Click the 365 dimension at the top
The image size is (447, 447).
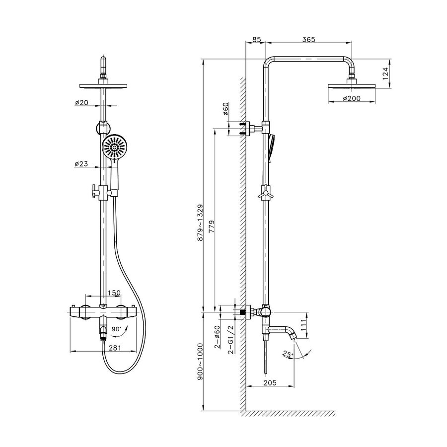[x=309, y=39]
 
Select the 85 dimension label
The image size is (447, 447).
[x=257, y=39]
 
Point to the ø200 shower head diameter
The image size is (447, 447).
[x=352, y=99]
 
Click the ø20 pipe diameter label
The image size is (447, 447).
[x=81, y=102]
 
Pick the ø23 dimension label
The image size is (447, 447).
[x=81, y=164]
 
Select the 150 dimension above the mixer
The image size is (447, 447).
[x=115, y=293]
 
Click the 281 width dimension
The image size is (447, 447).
[x=115, y=348]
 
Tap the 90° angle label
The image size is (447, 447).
[x=116, y=329]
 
